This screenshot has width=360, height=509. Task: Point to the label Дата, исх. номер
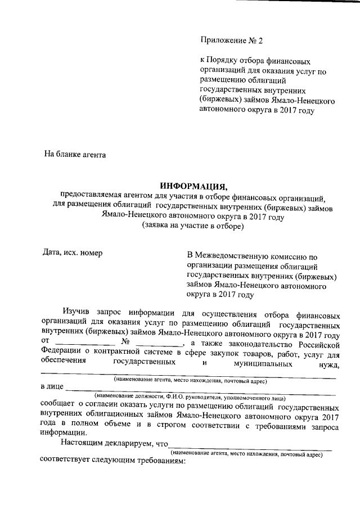click(73, 253)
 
